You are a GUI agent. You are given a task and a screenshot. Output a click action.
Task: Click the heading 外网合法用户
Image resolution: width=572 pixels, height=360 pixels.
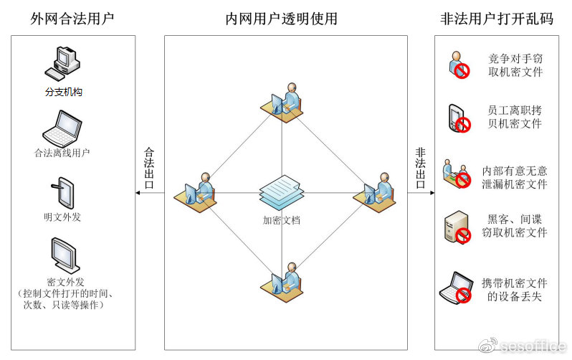72,18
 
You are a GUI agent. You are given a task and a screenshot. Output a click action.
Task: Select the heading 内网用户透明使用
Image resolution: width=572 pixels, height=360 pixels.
281,18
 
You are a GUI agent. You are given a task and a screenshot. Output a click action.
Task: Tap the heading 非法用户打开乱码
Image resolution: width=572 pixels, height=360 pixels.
497,18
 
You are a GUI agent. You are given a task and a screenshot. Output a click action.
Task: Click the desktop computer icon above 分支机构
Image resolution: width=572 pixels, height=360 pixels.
62,64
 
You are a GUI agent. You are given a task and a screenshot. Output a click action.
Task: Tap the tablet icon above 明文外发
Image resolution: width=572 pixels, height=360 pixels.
62,192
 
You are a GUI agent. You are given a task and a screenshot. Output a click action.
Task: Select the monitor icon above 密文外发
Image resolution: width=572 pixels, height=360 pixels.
65,255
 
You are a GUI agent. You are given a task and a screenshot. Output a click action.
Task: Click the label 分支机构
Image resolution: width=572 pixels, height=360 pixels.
64,92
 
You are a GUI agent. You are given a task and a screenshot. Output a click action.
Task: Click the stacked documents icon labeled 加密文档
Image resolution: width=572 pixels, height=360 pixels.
282,192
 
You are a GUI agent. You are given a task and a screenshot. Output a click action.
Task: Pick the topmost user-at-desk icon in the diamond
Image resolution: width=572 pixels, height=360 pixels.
282,103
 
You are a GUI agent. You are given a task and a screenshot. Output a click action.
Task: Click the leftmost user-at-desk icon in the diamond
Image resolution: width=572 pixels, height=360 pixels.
195,193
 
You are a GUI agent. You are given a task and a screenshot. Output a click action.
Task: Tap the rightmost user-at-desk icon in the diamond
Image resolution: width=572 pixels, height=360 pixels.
374,193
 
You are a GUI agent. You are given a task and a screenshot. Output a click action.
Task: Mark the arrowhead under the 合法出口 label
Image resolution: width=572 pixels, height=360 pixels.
138,193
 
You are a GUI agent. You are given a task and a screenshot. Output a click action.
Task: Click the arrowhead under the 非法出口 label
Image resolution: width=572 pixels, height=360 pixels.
432,193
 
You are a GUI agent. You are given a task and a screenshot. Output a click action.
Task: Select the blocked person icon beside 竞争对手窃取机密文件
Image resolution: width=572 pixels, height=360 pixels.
459,65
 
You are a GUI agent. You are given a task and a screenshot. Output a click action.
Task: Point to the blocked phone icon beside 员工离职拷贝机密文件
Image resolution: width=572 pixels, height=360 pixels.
459,118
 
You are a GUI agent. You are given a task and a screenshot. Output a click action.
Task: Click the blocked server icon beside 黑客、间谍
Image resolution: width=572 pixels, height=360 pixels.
457,227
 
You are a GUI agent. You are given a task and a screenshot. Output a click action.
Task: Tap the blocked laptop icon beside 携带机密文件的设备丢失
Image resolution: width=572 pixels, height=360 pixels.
456,288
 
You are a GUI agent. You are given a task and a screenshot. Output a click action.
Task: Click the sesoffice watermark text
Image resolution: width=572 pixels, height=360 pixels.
533,346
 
